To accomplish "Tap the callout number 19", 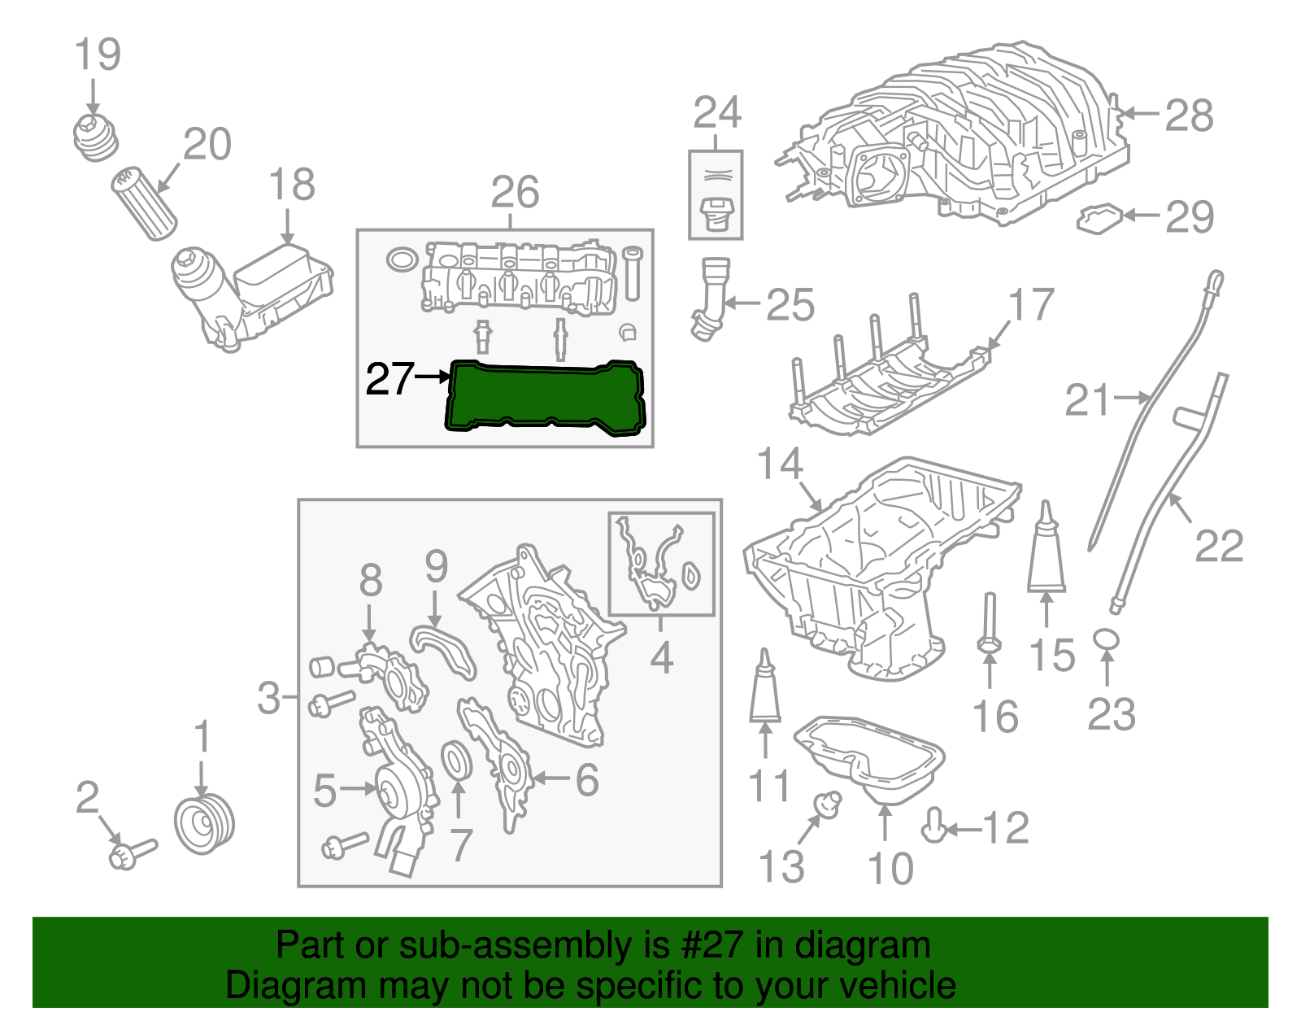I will tap(98, 55).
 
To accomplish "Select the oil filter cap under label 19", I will tap(96, 137).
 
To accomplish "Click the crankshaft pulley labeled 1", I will tap(204, 826).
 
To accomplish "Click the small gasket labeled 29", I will tap(1099, 217).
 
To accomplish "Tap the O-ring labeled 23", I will tap(1106, 639).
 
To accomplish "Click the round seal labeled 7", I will tap(458, 760).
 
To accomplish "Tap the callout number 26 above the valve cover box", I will tap(515, 193).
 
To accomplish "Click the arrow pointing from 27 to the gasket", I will tap(432, 377).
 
